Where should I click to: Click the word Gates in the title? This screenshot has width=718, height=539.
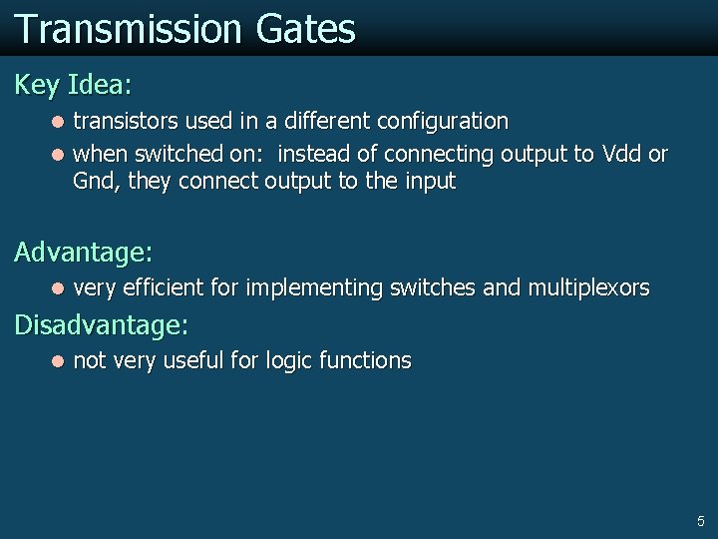[305, 29]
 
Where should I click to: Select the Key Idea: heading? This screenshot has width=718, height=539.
[73, 85]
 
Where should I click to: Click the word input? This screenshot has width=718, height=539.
[425, 182]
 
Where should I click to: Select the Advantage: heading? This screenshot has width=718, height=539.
[84, 252]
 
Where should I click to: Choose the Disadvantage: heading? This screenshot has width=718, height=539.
[101, 324]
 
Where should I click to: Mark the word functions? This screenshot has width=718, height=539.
[365, 360]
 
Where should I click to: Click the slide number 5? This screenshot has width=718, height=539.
[700, 521]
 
